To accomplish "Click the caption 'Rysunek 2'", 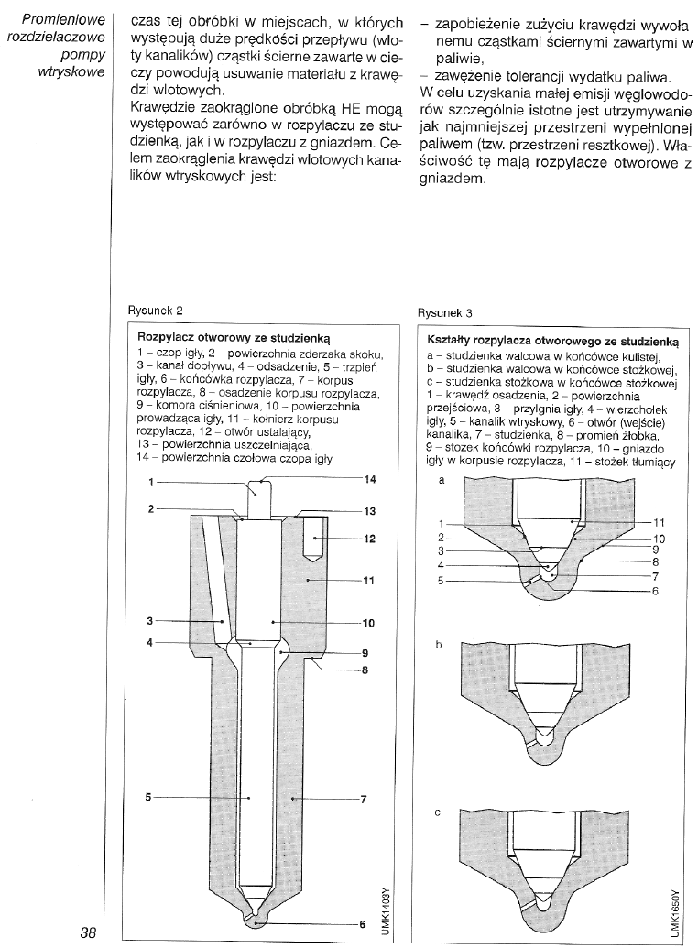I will pyautogui.click(x=160, y=311).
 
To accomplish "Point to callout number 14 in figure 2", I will pyautogui.click(x=369, y=479).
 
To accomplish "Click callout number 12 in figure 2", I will pyautogui.click(x=369, y=539).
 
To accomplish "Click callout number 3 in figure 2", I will pyautogui.click(x=148, y=621).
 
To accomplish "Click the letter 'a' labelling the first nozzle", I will pyautogui.click(x=442, y=479).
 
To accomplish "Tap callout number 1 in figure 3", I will pyautogui.click(x=442, y=523).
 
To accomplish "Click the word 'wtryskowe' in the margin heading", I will pyautogui.click(x=74, y=71).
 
